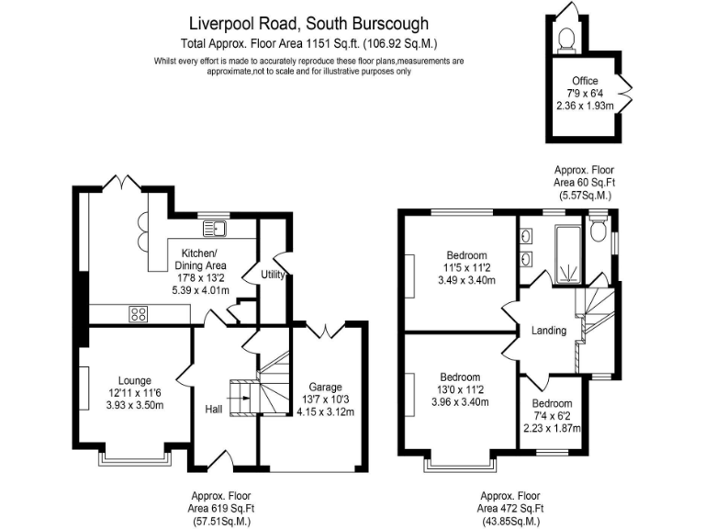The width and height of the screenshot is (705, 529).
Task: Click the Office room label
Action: point(585,81)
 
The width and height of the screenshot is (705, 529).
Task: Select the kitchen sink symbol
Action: point(218,227)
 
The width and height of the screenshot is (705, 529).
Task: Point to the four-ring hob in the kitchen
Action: point(140,313)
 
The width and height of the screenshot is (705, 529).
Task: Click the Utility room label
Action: point(273,274)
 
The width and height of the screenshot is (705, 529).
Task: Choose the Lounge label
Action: point(134,380)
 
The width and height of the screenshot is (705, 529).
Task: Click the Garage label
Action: point(325,387)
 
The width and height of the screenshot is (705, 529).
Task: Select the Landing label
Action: point(549,331)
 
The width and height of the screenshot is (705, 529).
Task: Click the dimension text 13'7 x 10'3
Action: point(325,399)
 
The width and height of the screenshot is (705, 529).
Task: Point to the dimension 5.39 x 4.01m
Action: point(200,290)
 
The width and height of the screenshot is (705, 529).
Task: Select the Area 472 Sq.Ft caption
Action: point(509,508)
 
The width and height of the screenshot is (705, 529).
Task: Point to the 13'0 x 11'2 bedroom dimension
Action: point(459,388)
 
